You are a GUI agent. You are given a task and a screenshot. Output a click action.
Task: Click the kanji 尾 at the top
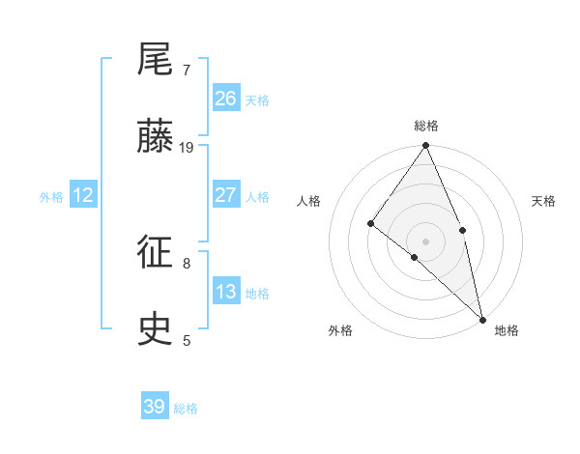pos(156,61)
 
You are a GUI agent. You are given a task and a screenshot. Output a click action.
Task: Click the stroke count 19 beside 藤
pos(187,147)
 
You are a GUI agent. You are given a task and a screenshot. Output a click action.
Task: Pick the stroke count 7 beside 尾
pos(187,70)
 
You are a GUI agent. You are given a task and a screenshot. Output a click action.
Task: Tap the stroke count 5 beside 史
pos(187,340)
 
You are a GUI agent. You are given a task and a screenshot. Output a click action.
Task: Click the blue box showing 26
pos(225,99)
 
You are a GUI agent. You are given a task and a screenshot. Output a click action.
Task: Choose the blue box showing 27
pos(225,195)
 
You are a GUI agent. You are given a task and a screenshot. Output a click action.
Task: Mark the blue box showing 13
pos(225,292)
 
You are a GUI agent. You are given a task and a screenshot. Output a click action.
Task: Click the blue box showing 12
pos(82,195)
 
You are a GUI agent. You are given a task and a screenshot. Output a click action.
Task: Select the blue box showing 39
pos(154,407)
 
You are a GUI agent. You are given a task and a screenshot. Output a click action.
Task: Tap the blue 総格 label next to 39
pos(186,409)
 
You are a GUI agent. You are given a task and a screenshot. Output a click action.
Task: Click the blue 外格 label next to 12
pos(51,197)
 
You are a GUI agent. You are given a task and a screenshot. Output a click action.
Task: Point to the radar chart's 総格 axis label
pos(426,126)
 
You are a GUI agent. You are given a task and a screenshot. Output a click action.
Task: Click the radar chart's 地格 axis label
pos(507,330)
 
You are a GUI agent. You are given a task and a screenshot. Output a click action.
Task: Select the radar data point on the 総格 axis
pos(426,146)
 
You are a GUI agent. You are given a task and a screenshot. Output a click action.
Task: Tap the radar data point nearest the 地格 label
pos(481,318)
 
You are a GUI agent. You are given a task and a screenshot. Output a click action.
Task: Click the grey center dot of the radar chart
pos(426,241)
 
